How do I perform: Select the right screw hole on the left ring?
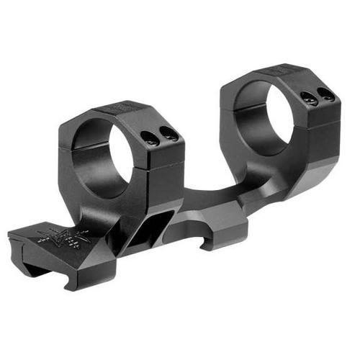click(168, 133)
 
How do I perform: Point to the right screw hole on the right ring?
click(327, 94)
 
